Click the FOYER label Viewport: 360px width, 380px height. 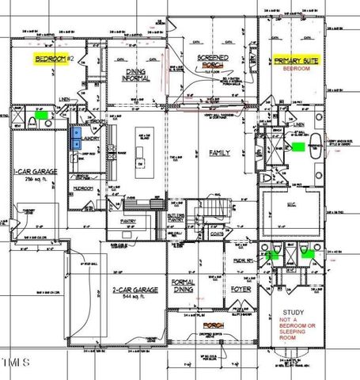tap(240, 290)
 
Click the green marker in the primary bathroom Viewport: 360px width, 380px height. tap(299, 147)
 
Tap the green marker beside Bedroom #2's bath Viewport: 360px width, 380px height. tap(36, 115)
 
